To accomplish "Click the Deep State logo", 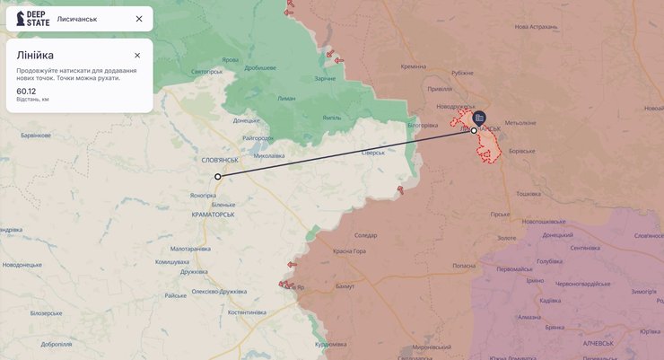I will [32, 19].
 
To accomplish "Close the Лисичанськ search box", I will [138, 19].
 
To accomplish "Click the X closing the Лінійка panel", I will [137, 56].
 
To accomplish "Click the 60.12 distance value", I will [26, 91].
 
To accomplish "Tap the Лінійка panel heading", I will [35, 55].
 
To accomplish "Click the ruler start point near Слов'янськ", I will [217, 177].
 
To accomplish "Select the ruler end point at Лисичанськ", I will [474, 131].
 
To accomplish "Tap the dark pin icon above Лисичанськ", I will [479, 117].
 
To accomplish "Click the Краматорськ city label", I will [214, 215].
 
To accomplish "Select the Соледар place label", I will [366, 235].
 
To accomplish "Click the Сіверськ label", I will [372, 153].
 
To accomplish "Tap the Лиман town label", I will [286, 98].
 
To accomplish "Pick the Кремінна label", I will [414, 66].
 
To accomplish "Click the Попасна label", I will [464, 266].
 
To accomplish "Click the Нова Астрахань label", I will [536, 27].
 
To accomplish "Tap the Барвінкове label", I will [37, 136].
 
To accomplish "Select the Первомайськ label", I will [514, 269].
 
